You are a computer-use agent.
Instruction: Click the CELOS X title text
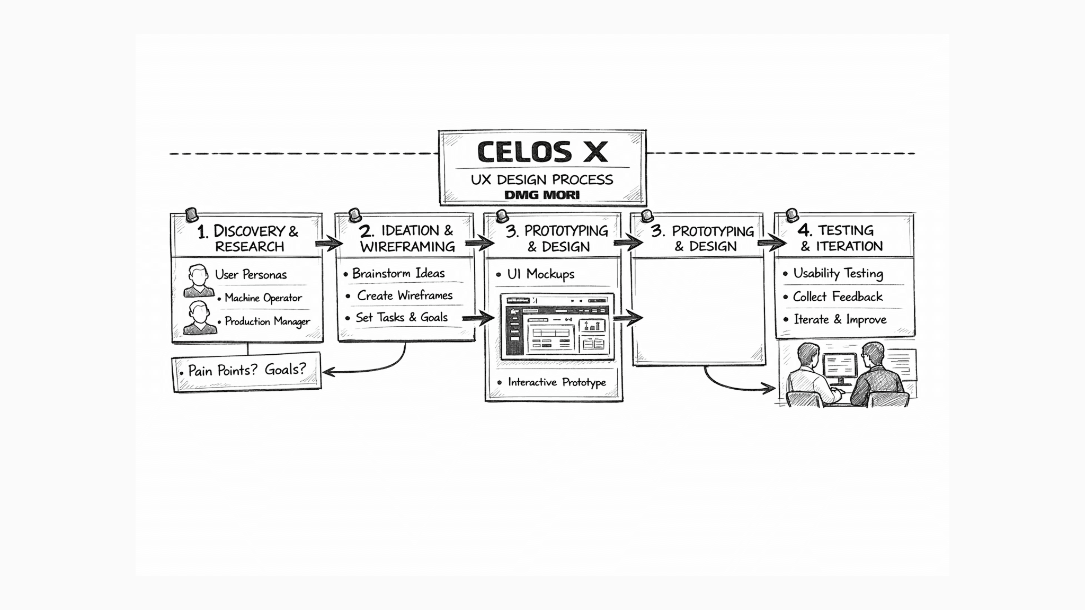(x=542, y=152)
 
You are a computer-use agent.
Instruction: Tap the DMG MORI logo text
(x=542, y=195)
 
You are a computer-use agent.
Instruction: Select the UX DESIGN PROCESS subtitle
(x=542, y=180)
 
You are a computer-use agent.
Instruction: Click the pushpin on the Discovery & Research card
(x=191, y=215)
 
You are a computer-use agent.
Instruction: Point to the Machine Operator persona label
(x=263, y=298)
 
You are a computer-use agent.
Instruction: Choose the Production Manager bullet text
(x=267, y=321)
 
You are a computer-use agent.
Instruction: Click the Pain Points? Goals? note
(x=247, y=370)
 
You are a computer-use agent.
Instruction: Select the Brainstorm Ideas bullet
(x=398, y=273)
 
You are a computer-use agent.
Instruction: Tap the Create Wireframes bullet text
(x=405, y=295)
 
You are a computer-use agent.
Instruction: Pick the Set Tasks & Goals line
(x=402, y=317)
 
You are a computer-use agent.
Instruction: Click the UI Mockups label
(x=540, y=274)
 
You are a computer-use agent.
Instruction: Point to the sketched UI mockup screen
(x=557, y=326)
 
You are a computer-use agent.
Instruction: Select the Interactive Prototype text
(x=557, y=382)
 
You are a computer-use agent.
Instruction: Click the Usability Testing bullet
(x=838, y=273)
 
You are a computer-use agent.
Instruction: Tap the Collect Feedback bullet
(x=838, y=297)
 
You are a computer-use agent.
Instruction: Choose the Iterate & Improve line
(x=840, y=319)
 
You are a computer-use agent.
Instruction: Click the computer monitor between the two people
(x=840, y=366)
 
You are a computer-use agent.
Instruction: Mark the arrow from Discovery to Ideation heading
(x=329, y=244)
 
